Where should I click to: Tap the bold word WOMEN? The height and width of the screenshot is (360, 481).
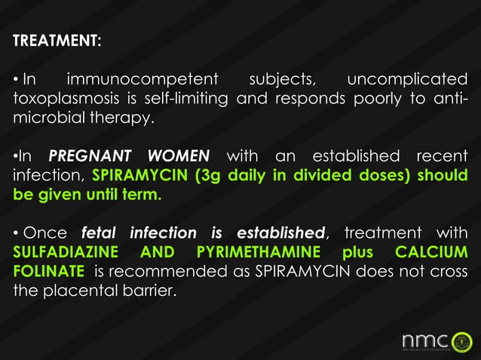pos(179,157)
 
